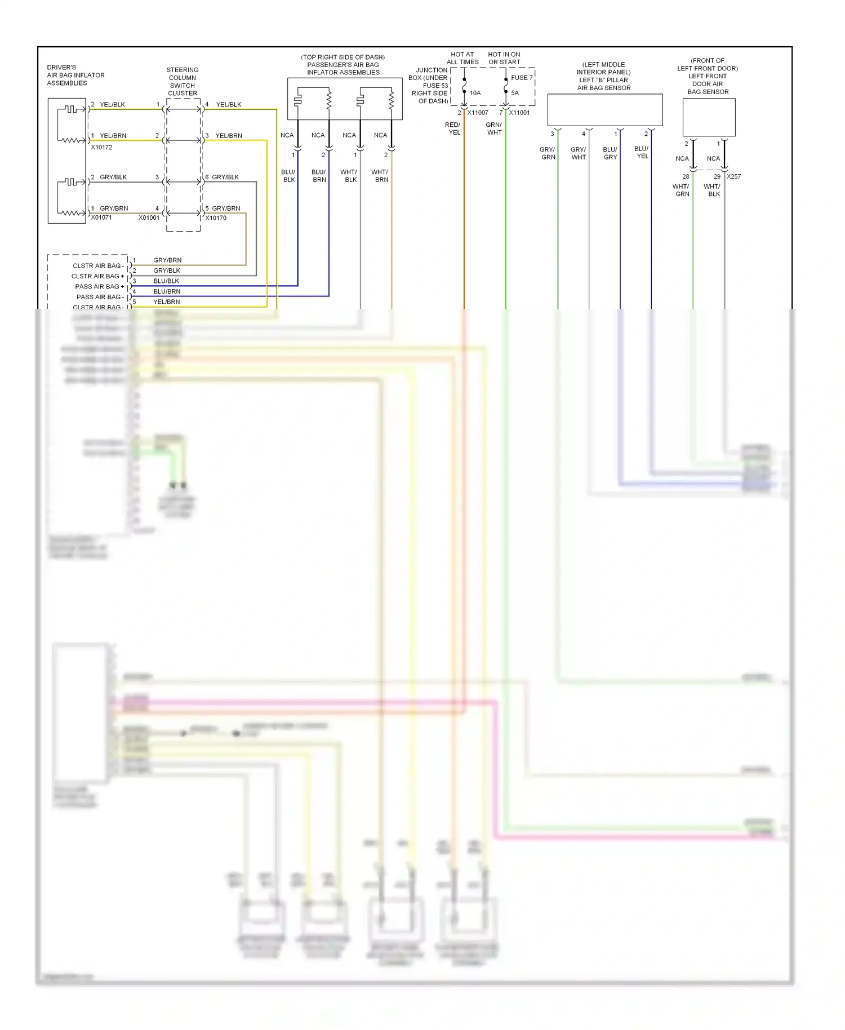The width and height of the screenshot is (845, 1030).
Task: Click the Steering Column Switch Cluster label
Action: (x=183, y=82)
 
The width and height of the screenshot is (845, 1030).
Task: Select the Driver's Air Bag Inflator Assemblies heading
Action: (x=75, y=75)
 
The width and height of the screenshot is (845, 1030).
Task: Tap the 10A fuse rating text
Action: (x=475, y=93)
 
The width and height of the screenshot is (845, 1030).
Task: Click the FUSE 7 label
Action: (x=522, y=78)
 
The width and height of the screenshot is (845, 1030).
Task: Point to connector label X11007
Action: (x=478, y=113)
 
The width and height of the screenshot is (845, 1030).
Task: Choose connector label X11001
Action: (x=519, y=113)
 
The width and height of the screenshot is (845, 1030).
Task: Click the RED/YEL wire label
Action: (x=453, y=128)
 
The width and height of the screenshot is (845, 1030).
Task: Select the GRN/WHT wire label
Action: (x=494, y=128)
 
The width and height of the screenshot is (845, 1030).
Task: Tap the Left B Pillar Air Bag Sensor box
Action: (x=605, y=110)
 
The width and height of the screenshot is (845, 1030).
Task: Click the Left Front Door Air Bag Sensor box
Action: (x=709, y=117)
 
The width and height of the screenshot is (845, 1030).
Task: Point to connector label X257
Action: (x=733, y=176)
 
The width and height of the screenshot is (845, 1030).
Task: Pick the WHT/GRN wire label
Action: (x=681, y=190)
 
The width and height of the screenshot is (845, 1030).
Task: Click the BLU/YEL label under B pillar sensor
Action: (x=642, y=152)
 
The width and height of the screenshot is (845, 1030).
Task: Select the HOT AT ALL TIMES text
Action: (x=462, y=58)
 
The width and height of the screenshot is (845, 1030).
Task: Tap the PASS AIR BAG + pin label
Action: (x=99, y=286)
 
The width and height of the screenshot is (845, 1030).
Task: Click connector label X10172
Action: (x=101, y=147)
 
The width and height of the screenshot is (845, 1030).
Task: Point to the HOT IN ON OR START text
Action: (x=504, y=58)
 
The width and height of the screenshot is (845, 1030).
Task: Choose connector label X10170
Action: (x=216, y=217)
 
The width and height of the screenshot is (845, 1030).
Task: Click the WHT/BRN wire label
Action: (x=380, y=176)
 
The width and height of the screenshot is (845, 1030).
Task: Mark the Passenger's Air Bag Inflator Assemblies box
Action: (x=345, y=99)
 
